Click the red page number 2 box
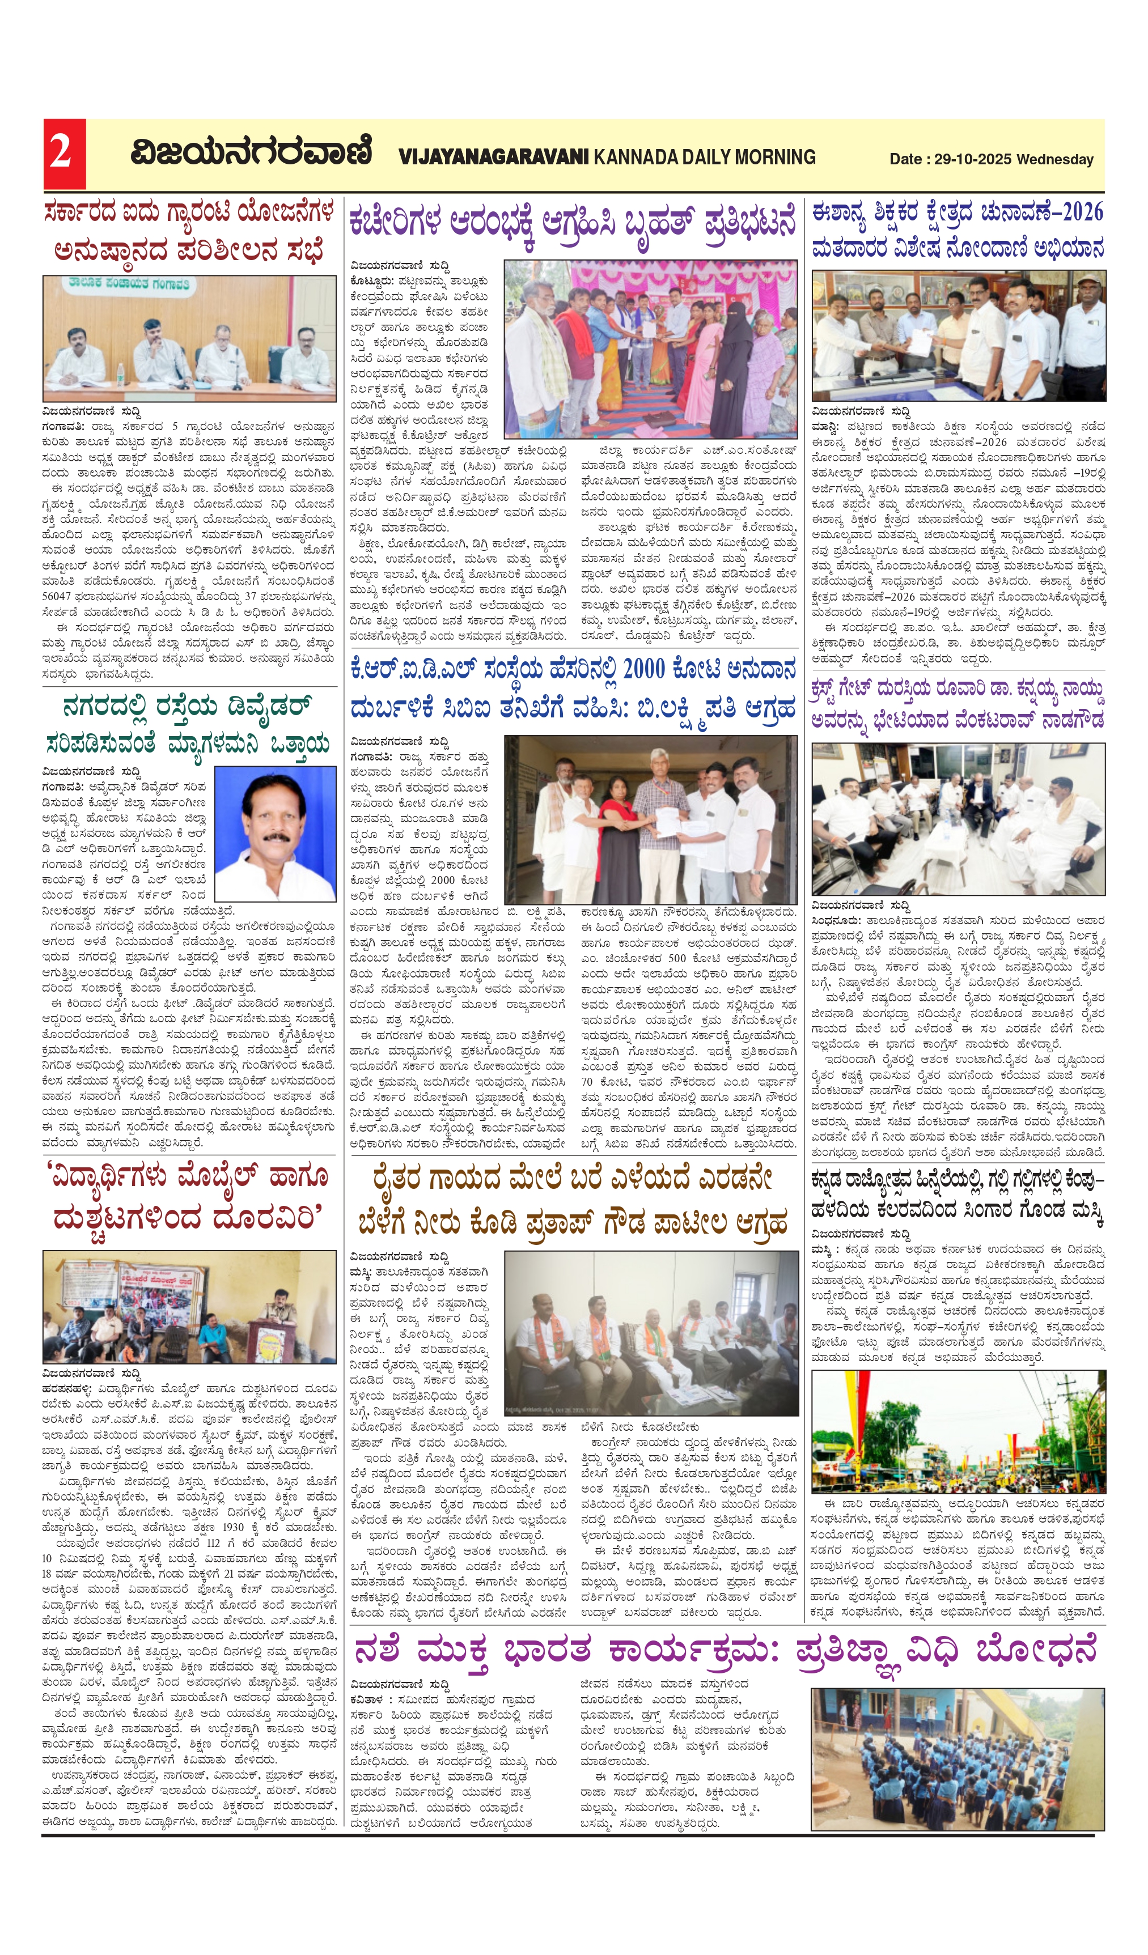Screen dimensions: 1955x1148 coord(63,153)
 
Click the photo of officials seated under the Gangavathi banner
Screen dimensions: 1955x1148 coord(189,338)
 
